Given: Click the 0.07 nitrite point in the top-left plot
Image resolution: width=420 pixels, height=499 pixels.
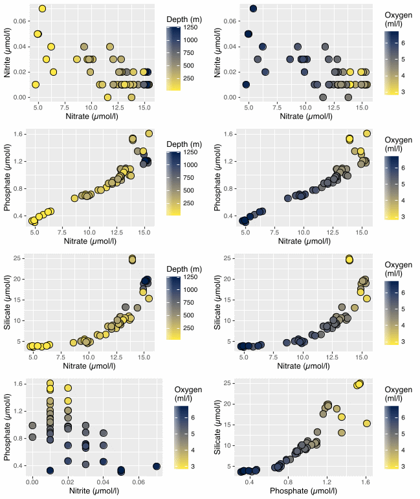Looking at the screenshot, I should (x=42, y=8).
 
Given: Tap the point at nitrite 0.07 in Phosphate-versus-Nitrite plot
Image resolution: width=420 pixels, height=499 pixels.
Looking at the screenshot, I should (x=156, y=466).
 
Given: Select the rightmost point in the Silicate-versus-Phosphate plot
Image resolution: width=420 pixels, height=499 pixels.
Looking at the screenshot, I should (x=366, y=423).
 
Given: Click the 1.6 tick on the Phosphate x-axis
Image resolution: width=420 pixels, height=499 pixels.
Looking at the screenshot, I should (x=366, y=483).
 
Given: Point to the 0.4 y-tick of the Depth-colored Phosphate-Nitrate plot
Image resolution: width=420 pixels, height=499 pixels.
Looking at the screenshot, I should (x=21, y=216).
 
